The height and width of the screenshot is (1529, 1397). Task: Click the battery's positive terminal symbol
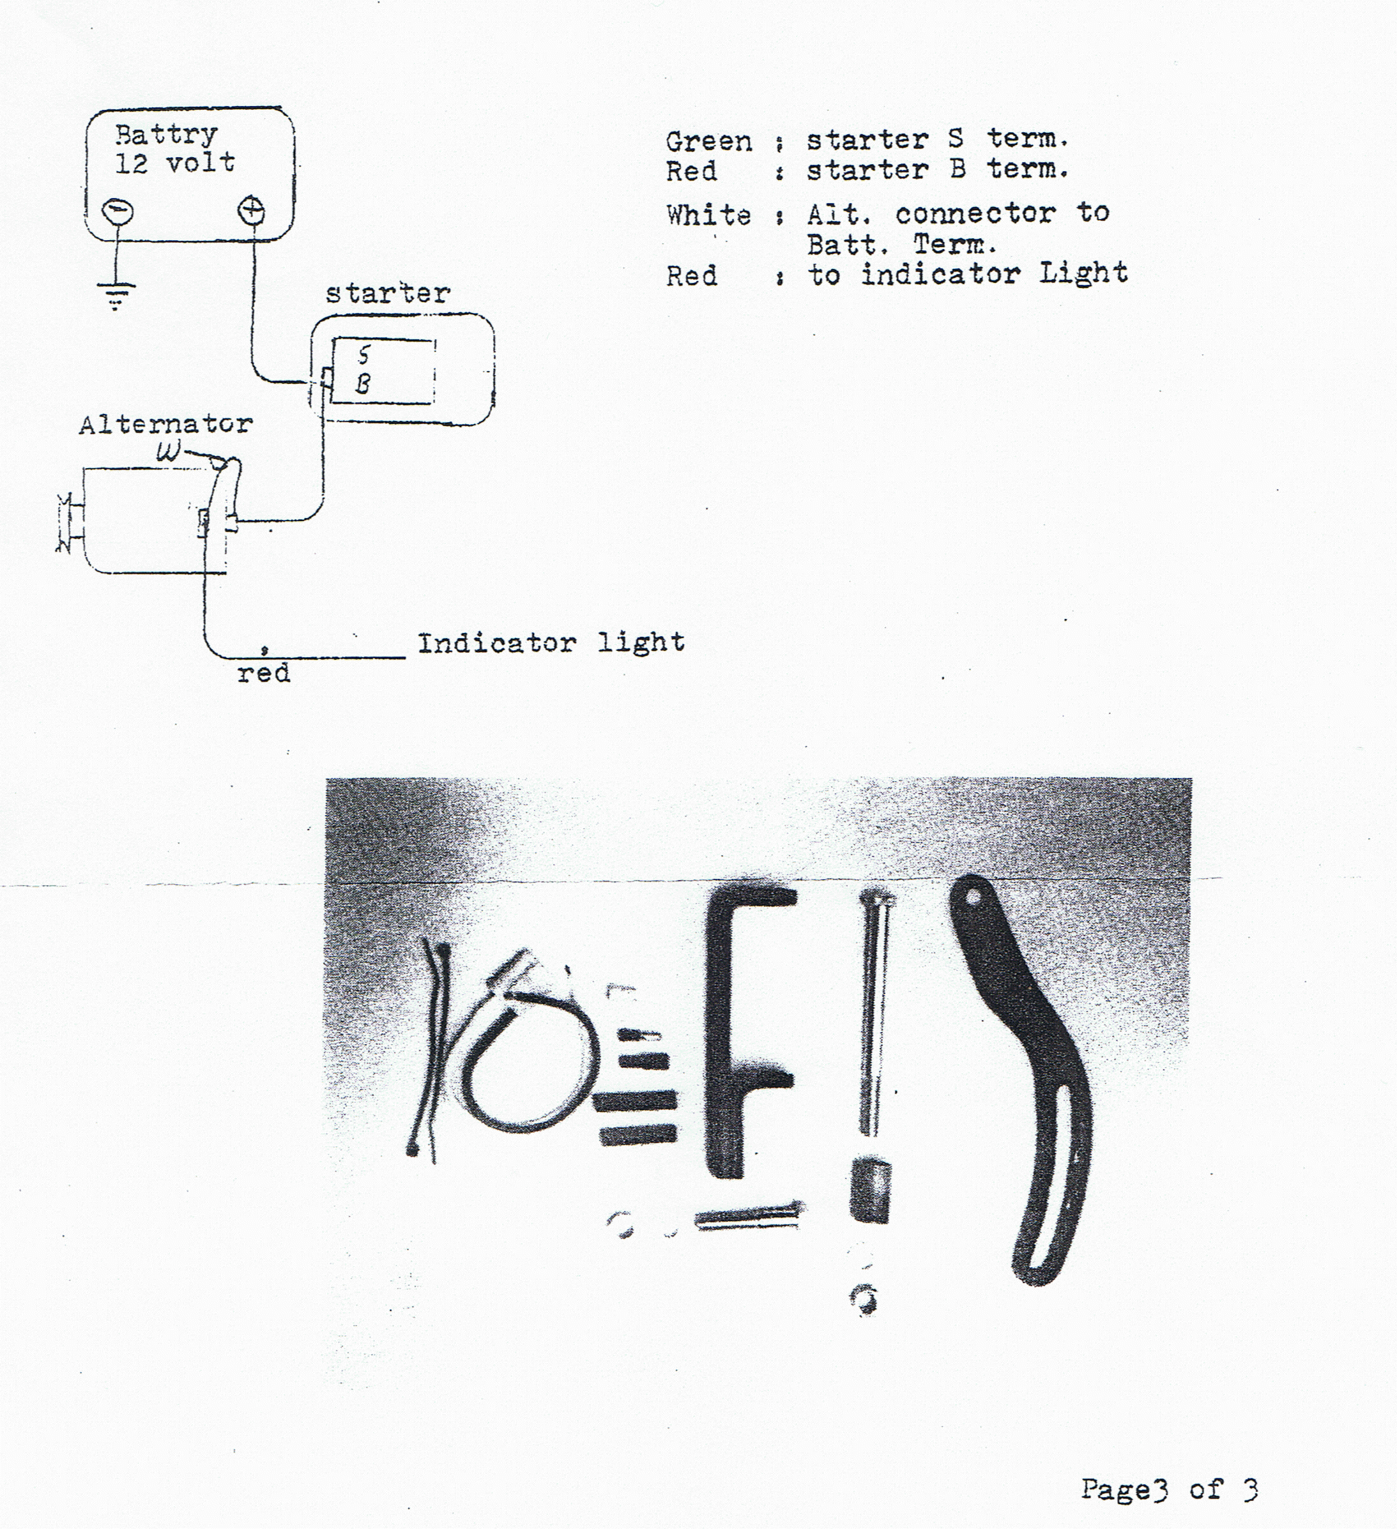tap(251, 209)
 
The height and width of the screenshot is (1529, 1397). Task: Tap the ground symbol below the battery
tap(115, 296)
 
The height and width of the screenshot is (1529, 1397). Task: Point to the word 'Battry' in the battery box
tap(166, 135)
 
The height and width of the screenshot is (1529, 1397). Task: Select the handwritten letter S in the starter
tap(364, 354)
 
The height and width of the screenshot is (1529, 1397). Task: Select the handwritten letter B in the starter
tap(363, 384)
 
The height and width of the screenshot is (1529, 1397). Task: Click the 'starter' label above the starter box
tap(388, 294)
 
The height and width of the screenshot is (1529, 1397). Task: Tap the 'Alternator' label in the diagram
tap(165, 424)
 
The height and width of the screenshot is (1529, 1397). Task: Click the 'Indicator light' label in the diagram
tap(551, 643)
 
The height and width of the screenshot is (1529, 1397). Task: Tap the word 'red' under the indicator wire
tap(263, 673)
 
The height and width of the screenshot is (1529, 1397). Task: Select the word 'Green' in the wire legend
tap(709, 142)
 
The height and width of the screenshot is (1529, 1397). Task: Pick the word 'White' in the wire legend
tap(708, 215)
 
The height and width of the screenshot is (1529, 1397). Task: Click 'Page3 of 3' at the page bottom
tap(1169, 1489)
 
